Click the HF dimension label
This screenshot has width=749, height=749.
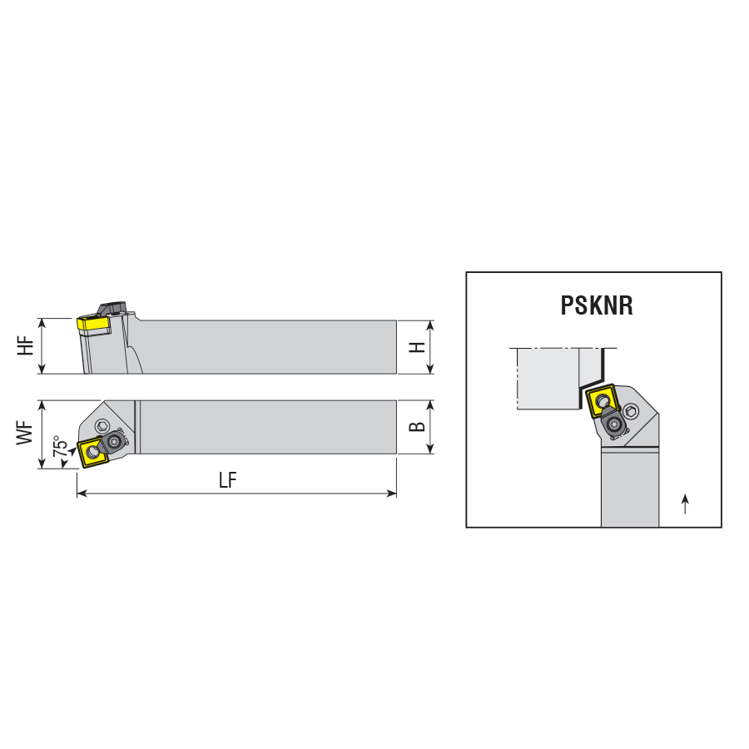pos(26,345)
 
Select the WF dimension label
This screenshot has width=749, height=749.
pos(25,434)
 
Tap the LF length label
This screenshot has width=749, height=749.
pos(228,480)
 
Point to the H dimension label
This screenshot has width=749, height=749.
pos(417,347)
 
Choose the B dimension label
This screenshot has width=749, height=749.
pos(417,427)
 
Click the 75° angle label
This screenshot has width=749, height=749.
pos(60,446)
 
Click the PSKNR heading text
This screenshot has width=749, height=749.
pos(597,305)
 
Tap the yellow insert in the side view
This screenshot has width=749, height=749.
pos(93,325)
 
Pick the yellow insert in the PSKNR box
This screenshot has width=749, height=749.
pos(603,400)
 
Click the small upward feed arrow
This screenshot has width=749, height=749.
pos(686,504)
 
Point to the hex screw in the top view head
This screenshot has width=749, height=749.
pos(102,425)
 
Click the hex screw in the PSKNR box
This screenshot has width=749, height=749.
pos(631,411)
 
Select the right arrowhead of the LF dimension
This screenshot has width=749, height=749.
pos(392,493)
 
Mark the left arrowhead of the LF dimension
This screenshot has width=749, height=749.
pos(82,493)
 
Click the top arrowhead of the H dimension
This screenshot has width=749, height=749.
pos(430,325)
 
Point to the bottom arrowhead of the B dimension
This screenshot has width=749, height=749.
pos(430,448)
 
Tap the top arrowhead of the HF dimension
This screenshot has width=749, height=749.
pos(42,324)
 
